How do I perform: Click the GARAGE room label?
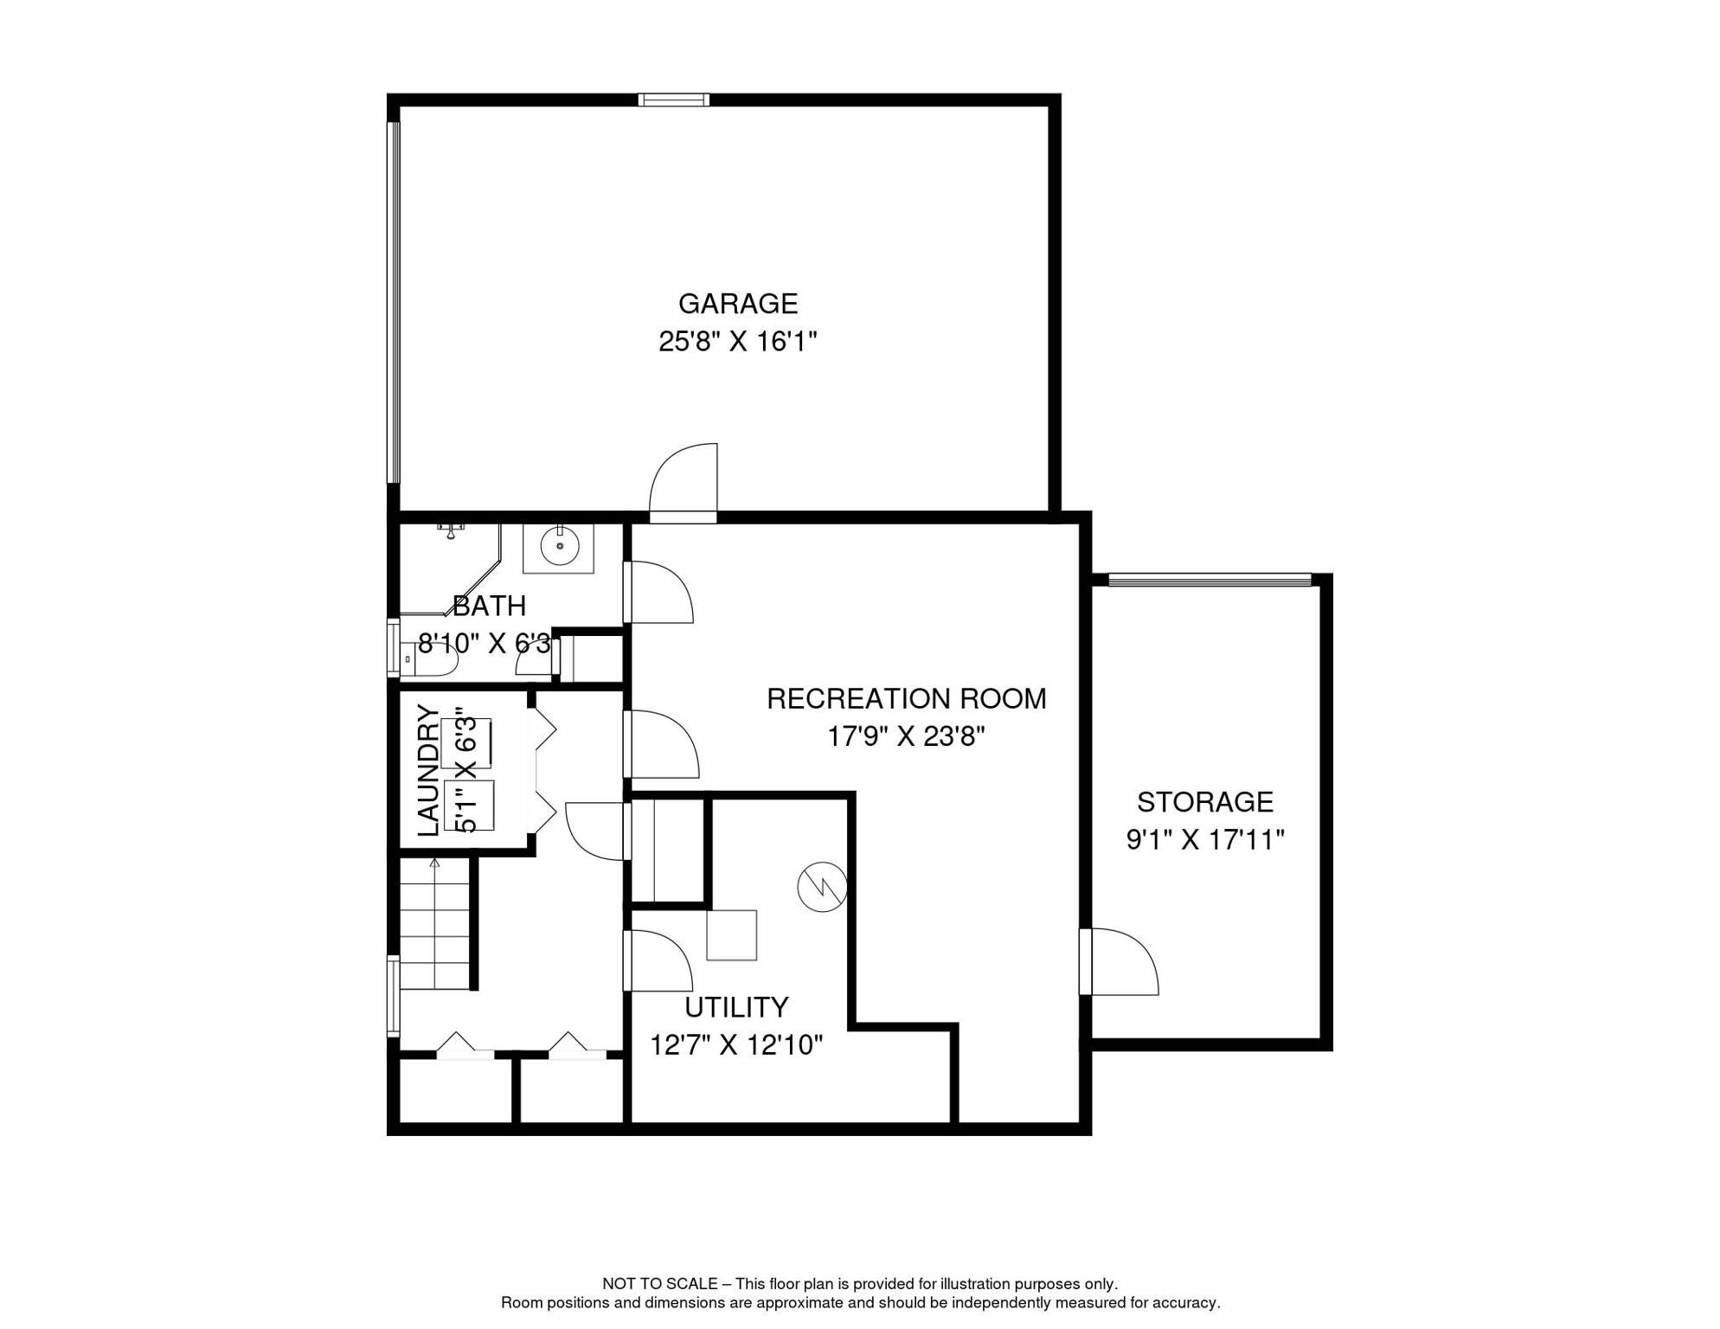click(737, 304)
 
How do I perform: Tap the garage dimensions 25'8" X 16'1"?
click(737, 342)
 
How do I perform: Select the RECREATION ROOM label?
click(906, 698)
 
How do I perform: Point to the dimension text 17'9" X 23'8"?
click(906, 736)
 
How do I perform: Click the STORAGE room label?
click(1204, 802)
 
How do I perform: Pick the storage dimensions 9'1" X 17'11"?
click(1204, 839)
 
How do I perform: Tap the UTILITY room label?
click(736, 1007)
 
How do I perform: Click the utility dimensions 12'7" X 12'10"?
click(736, 1045)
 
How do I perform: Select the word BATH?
click(490, 606)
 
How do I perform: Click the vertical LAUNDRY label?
click(428, 770)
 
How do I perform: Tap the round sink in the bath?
click(560, 546)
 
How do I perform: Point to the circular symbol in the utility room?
click(822, 887)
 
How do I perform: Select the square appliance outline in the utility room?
click(732, 934)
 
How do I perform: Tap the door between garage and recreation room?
click(684, 484)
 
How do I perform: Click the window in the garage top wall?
click(674, 100)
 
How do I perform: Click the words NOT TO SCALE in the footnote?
click(660, 1284)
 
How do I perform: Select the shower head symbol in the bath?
click(451, 530)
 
